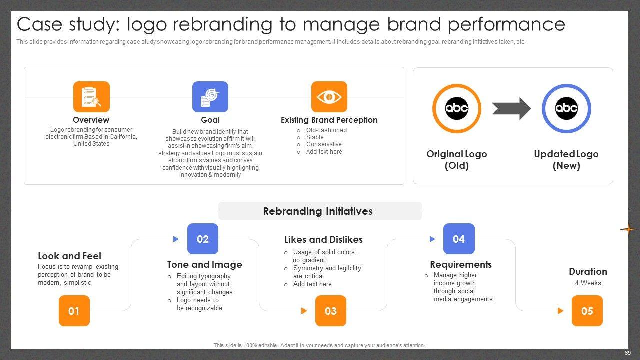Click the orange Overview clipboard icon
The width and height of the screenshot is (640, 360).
(x=91, y=97)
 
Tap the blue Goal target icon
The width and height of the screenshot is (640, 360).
(x=210, y=97)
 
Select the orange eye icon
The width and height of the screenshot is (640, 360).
(x=329, y=97)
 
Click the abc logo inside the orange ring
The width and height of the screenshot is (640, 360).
(x=457, y=108)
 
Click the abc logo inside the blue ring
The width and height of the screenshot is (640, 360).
(x=566, y=108)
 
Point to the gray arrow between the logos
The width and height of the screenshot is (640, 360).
(x=511, y=109)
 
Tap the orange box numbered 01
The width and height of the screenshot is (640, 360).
(x=74, y=311)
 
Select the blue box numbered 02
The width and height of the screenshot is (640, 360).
(x=203, y=239)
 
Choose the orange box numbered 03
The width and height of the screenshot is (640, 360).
(x=331, y=311)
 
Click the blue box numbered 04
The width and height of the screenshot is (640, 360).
(x=459, y=239)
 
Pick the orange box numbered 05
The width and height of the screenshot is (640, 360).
(x=587, y=311)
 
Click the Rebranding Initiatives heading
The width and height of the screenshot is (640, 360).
(x=318, y=211)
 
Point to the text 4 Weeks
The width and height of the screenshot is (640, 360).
(x=588, y=283)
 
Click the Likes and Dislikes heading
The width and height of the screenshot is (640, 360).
(x=323, y=239)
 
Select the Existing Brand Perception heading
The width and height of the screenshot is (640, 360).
(x=329, y=120)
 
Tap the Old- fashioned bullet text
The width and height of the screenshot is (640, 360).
(x=326, y=130)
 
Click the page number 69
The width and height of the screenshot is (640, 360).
(x=627, y=353)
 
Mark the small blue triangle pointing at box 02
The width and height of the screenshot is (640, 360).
(x=176, y=239)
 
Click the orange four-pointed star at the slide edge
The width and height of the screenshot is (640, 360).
(x=628, y=229)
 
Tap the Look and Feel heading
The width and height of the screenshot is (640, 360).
(x=69, y=256)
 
